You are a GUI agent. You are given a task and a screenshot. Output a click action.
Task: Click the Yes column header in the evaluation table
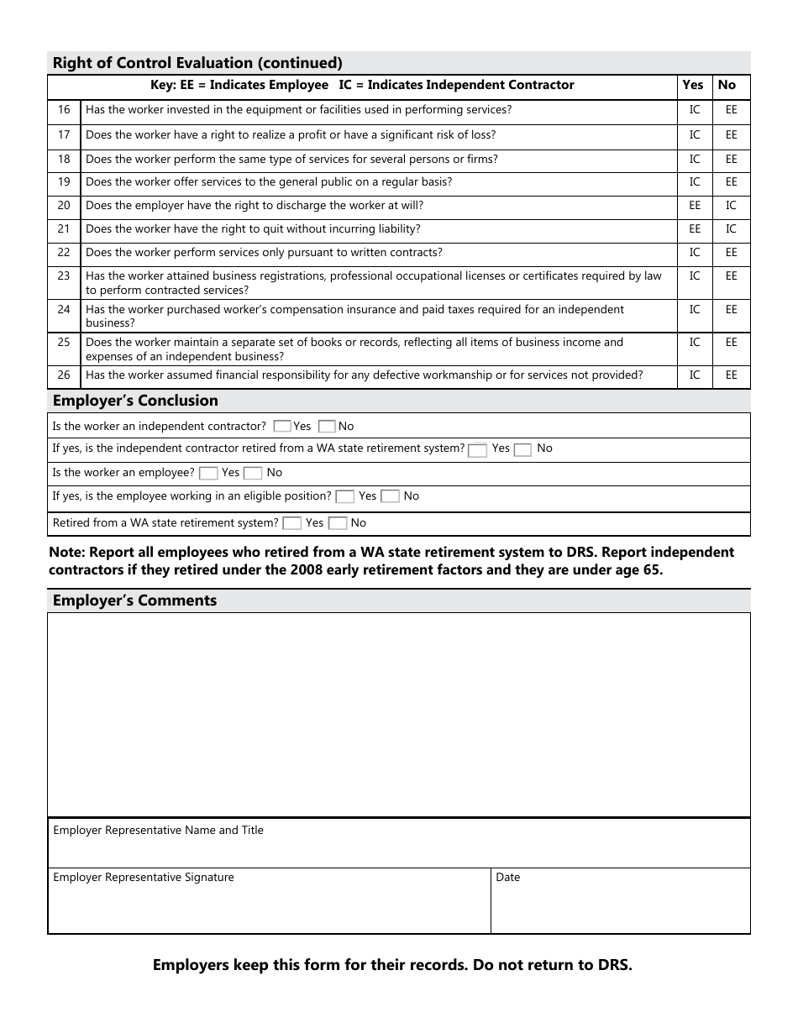point(693,85)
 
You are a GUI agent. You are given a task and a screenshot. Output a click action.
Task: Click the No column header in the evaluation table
point(727,85)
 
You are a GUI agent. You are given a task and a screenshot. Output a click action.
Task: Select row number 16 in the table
point(64,110)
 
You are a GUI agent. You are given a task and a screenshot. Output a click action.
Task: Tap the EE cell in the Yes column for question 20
point(695,206)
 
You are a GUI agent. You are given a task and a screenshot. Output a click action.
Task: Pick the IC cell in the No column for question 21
point(731,229)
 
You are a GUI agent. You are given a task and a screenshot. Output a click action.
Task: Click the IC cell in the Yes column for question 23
point(695,276)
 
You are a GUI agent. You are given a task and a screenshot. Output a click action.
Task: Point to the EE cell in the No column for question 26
point(731,375)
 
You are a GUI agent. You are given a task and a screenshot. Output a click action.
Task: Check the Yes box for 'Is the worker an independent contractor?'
point(283,427)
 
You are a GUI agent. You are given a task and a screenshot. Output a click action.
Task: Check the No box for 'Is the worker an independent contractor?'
point(327,427)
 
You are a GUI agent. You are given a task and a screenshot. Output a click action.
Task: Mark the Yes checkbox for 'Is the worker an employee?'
point(208,474)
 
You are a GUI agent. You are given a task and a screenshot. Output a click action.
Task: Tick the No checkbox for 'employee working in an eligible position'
point(390,496)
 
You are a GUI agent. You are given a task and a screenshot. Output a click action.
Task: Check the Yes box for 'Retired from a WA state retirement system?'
point(291,523)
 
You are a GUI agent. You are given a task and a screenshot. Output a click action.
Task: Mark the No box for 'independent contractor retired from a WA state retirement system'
point(522,449)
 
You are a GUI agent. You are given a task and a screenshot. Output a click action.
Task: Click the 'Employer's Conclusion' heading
point(135,401)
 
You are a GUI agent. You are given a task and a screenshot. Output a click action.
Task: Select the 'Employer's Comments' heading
point(134,600)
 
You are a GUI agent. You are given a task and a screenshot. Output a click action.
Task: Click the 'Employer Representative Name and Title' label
point(158,831)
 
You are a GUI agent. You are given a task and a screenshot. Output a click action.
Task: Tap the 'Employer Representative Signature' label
point(144,878)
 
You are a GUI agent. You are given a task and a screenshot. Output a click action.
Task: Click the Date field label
point(507,878)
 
